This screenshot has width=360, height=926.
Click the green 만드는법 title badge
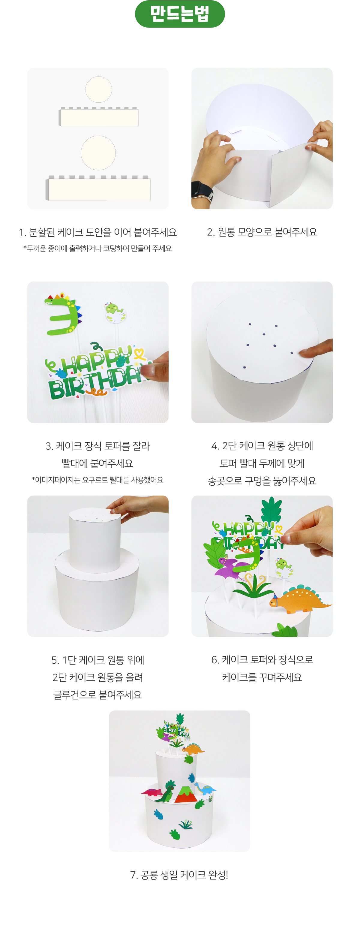180,14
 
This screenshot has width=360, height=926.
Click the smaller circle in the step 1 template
98,89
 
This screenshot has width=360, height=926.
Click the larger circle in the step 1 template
98,153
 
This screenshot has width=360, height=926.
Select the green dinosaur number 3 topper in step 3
63,314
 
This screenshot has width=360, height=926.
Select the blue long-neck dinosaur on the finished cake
205,788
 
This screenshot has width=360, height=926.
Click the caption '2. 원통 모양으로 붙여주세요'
262,232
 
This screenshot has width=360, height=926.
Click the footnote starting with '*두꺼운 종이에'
98,249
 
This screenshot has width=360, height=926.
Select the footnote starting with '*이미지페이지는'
98,480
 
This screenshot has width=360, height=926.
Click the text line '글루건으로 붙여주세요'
98,695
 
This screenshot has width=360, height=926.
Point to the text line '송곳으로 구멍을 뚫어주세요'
262,481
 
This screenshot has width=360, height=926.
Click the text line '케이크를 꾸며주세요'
262,677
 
